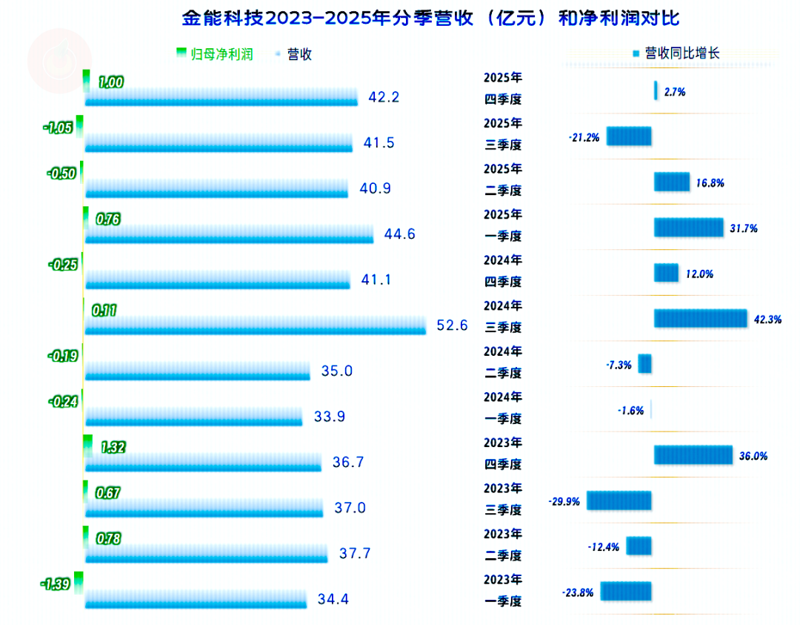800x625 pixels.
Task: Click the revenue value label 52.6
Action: [x=452, y=325]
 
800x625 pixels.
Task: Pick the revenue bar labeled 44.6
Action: [x=230, y=234]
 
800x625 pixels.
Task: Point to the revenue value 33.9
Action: [x=330, y=417]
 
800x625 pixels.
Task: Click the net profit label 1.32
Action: [x=112, y=447]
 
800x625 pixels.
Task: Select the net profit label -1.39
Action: [x=56, y=584]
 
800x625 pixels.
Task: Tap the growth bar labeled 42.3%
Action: [x=700, y=318]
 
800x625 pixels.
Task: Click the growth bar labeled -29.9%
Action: [x=619, y=500]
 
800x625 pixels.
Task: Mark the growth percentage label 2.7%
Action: [x=675, y=92]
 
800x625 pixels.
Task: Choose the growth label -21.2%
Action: [x=584, y=137]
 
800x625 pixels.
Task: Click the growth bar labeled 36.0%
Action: [x=693, y=455]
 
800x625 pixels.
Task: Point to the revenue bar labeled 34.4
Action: [x=196, y=599]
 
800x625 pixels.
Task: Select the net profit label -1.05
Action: [x=59, y=128]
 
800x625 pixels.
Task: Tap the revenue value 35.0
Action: [x=337, y=371]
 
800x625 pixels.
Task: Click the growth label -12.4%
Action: [x=604, y=547]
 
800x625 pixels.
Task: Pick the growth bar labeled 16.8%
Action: [x=672, y=182]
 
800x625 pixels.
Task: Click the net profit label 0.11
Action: [x=104, y=310]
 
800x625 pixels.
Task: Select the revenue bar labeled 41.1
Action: [x=218, y=280]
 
